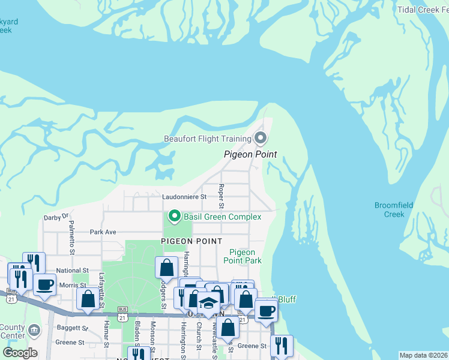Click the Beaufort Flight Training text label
point(208,139)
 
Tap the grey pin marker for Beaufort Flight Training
point(261,139)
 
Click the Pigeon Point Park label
point(243,257)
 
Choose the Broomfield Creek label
point(394,209)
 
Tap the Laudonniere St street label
point(184,196)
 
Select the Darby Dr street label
point(57,217)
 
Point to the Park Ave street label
point(103,232)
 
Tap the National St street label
point(72,271)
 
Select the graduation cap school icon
point(208,302)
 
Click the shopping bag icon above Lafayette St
point(88,298)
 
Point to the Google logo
point(20,353)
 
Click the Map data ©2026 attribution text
point(423,355)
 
